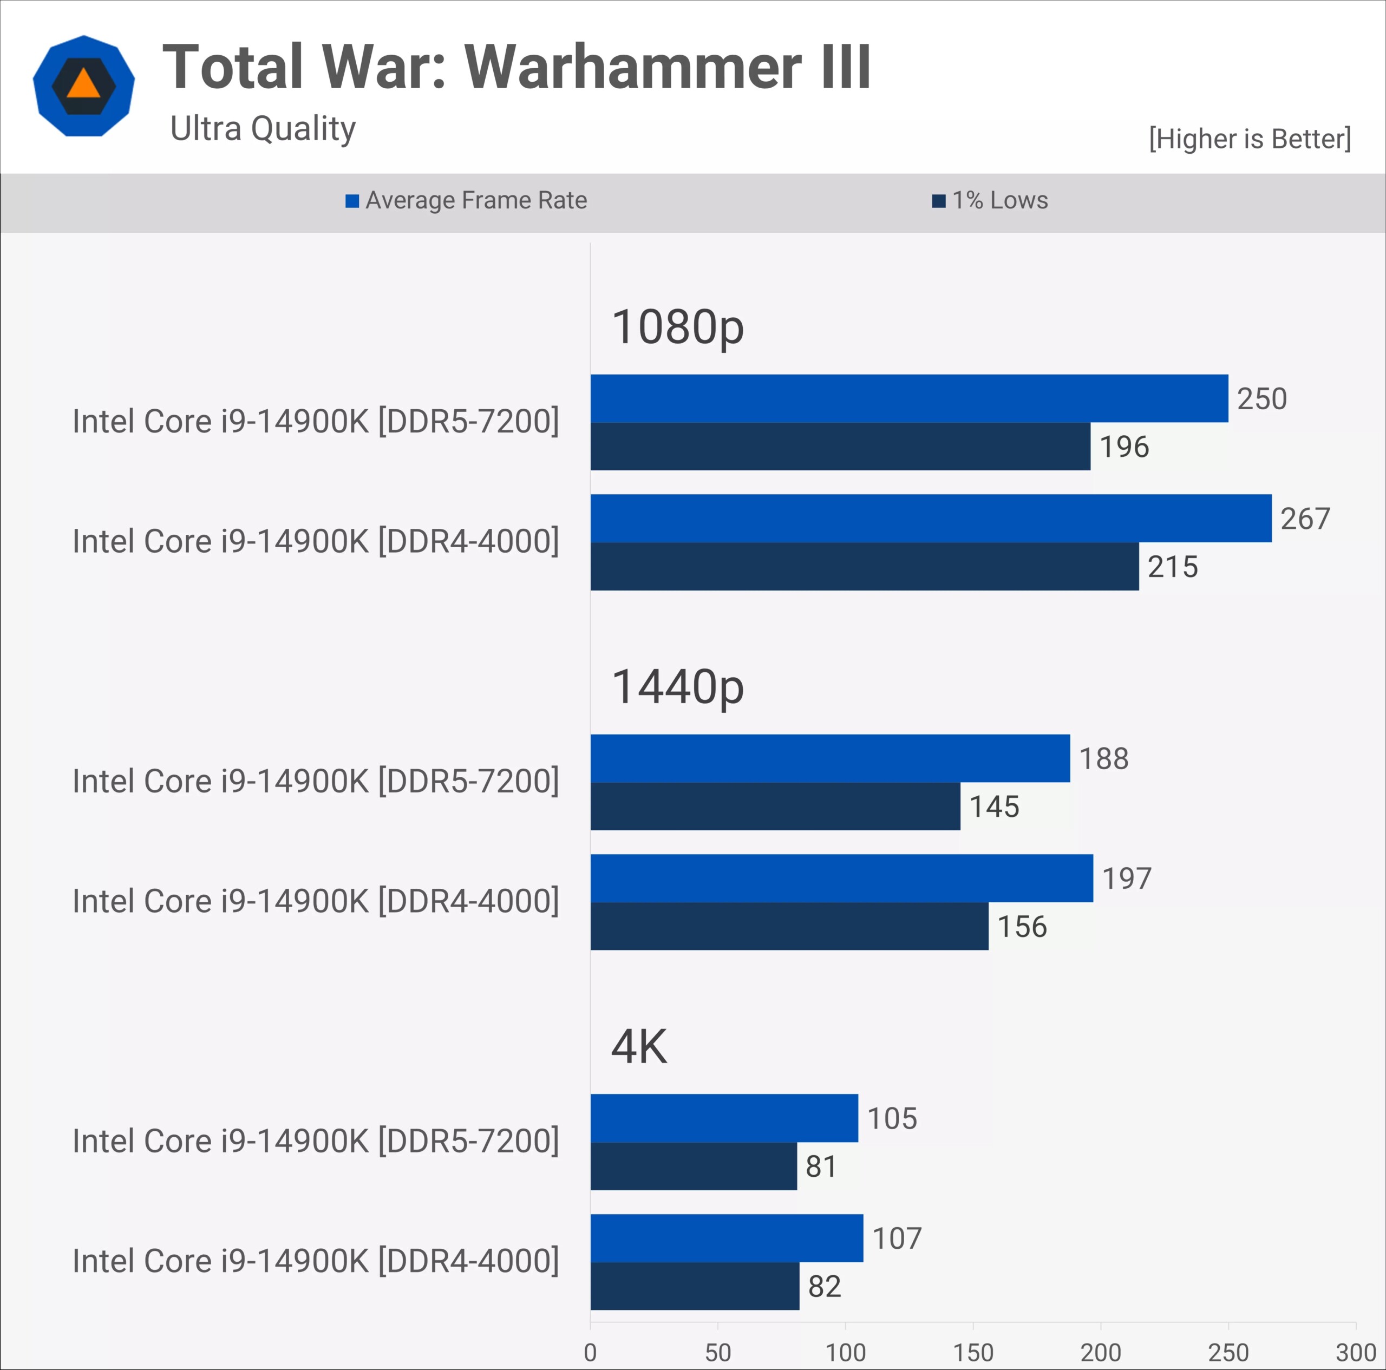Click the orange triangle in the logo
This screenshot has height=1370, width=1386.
[83, 84]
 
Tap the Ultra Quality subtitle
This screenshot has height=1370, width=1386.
[263, 129]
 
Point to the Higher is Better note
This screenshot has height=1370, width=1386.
[1249, 139]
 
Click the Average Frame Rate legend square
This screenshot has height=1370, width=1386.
[351, 201]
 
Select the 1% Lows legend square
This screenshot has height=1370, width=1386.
[938, 201]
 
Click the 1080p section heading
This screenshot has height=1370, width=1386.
[677, 327]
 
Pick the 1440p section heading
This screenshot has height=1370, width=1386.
[677, 687]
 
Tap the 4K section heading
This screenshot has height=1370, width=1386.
[638, 1046]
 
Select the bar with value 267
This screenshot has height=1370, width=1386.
[931, 518]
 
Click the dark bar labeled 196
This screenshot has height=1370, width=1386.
[840, 446]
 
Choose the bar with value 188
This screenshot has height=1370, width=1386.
[830, 758]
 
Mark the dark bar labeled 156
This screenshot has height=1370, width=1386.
[789, 926]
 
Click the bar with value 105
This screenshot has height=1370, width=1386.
[724, 1118]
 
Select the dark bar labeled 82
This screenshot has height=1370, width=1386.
[695, 1286]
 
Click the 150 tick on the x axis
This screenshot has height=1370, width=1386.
[973, 1352]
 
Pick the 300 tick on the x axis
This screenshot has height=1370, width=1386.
[1355, 1352]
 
